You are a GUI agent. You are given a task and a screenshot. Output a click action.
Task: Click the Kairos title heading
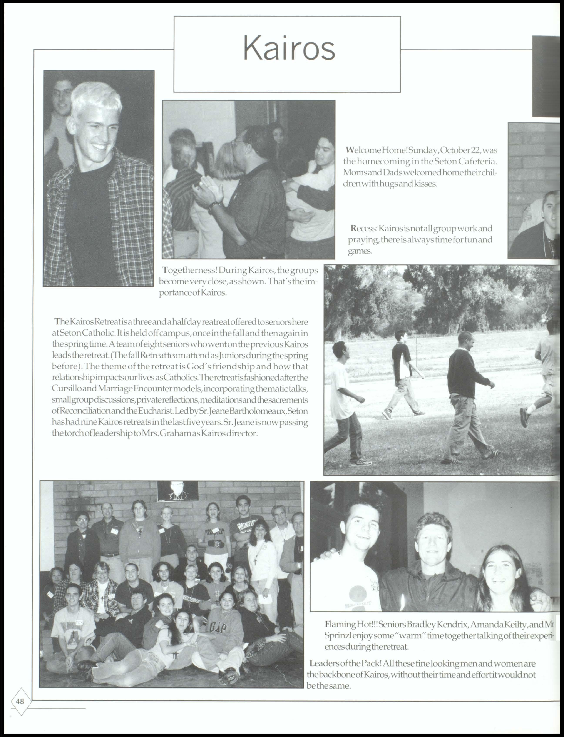(289, 49)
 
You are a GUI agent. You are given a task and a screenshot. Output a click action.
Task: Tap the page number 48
(20, 701)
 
